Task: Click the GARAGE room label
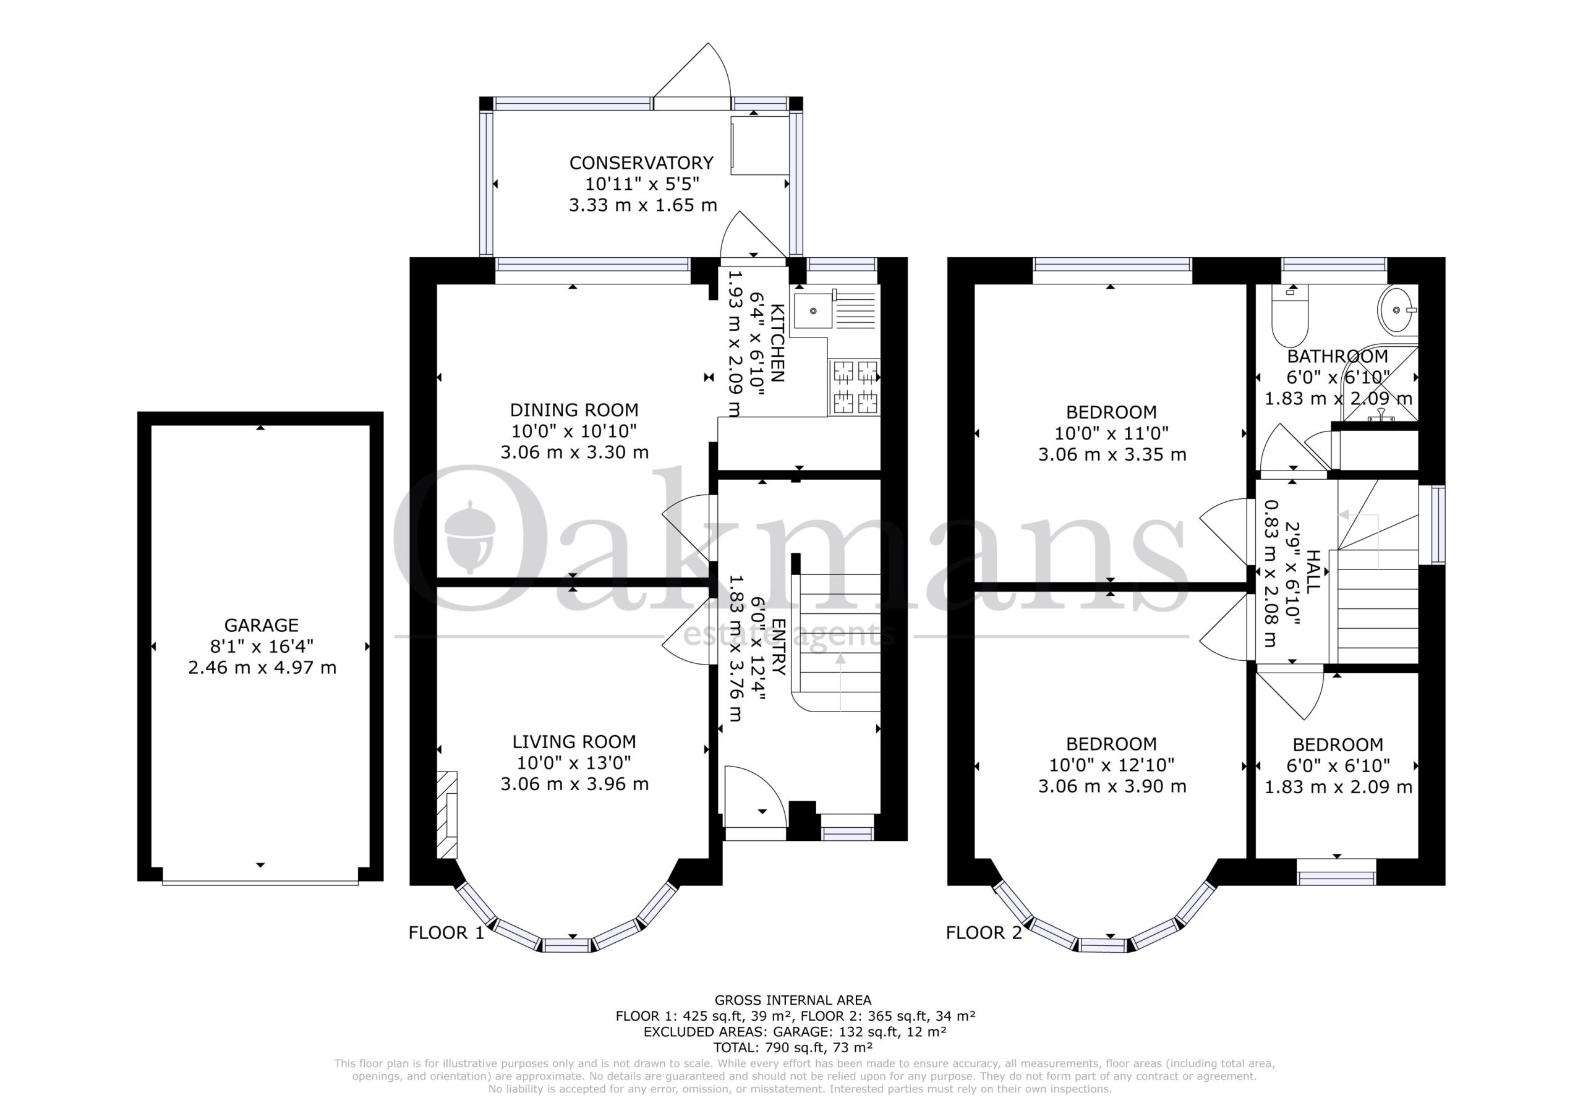coord(262,626)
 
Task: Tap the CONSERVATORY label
coord(641,163)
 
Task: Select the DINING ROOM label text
coord(574,411)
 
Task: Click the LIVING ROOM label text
coord(574,742)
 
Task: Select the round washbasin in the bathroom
coord(1397,310)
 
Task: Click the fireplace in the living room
coord(447,814)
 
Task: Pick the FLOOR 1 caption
coord(447,933)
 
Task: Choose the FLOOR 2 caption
coord(984,933)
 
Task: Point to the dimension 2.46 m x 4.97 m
coord(262,668)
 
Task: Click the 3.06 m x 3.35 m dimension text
coord(1112,454)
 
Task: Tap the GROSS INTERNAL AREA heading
coord(793,1000)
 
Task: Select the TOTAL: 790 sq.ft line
coord(793,1048)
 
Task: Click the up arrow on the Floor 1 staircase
coord(840,683)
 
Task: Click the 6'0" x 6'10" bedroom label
coord(1338,765)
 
